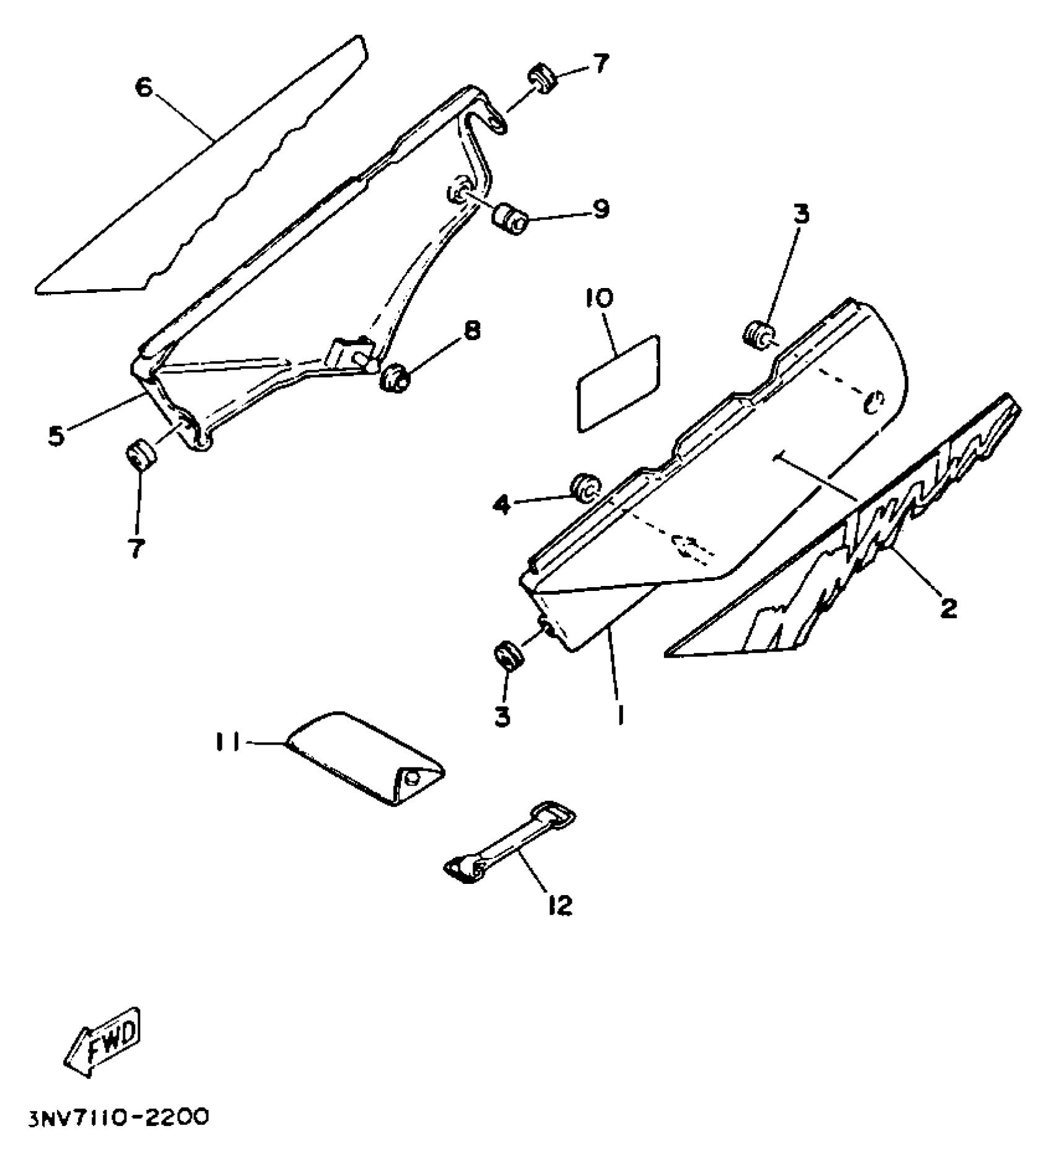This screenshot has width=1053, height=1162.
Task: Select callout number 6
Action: point(143,87)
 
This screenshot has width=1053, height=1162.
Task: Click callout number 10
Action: point(598,298)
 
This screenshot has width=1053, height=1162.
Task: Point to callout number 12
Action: point(560,906)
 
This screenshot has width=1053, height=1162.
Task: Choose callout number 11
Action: point(228,741)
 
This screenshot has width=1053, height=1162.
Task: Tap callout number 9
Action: point(599,209)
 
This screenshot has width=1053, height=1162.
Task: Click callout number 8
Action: point(471,331)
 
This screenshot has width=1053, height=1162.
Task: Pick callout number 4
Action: point(502,505)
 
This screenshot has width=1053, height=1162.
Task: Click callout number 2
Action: point(948,607)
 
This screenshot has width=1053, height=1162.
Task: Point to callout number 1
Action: point(620,715)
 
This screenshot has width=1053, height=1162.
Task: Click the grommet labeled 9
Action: point(509,217)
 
